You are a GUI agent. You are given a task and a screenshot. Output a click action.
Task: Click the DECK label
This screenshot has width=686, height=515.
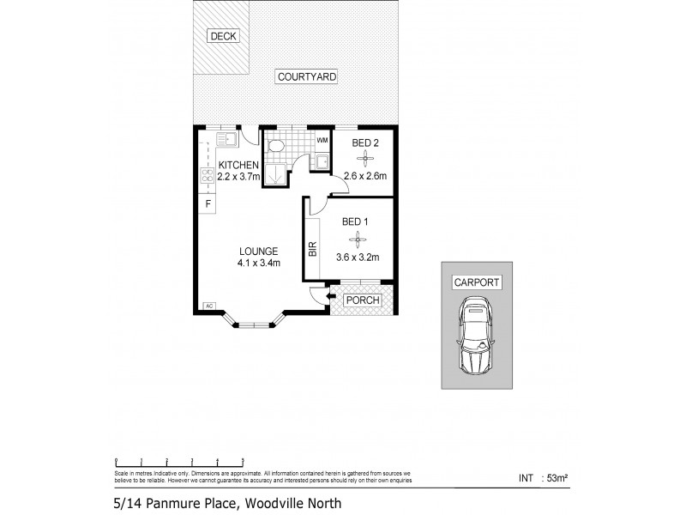pos(222,36)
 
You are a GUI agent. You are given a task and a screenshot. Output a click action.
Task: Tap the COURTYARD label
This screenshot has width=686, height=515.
pos(306,77)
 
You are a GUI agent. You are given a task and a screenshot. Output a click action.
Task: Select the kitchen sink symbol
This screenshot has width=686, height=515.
pos(226,139)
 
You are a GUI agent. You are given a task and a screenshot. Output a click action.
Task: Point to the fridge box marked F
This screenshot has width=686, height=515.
pos(207,203)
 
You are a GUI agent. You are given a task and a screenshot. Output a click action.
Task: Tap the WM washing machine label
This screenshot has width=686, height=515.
pos(322,140)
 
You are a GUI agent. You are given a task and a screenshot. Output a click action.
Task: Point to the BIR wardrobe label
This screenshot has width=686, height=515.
pos(312,249)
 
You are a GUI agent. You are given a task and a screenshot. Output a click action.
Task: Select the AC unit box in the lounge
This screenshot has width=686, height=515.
pos(208,306)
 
